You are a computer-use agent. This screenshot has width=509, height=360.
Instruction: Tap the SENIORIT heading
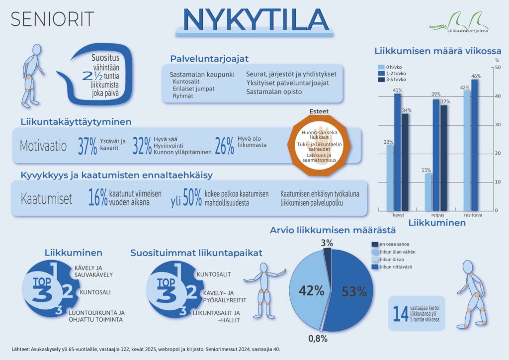click(x=52, y=19)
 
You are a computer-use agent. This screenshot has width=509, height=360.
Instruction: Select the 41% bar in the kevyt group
click(x=397, y=151)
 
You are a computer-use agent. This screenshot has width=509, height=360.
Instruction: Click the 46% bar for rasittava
click(x=475, y=144)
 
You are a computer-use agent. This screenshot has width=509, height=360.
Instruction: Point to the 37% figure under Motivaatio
click(x=87, y=146)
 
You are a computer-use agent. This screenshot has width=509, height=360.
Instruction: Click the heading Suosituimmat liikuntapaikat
click(x=196, y=253)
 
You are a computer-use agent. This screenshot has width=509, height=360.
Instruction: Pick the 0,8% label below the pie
click(x=318, y=339)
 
